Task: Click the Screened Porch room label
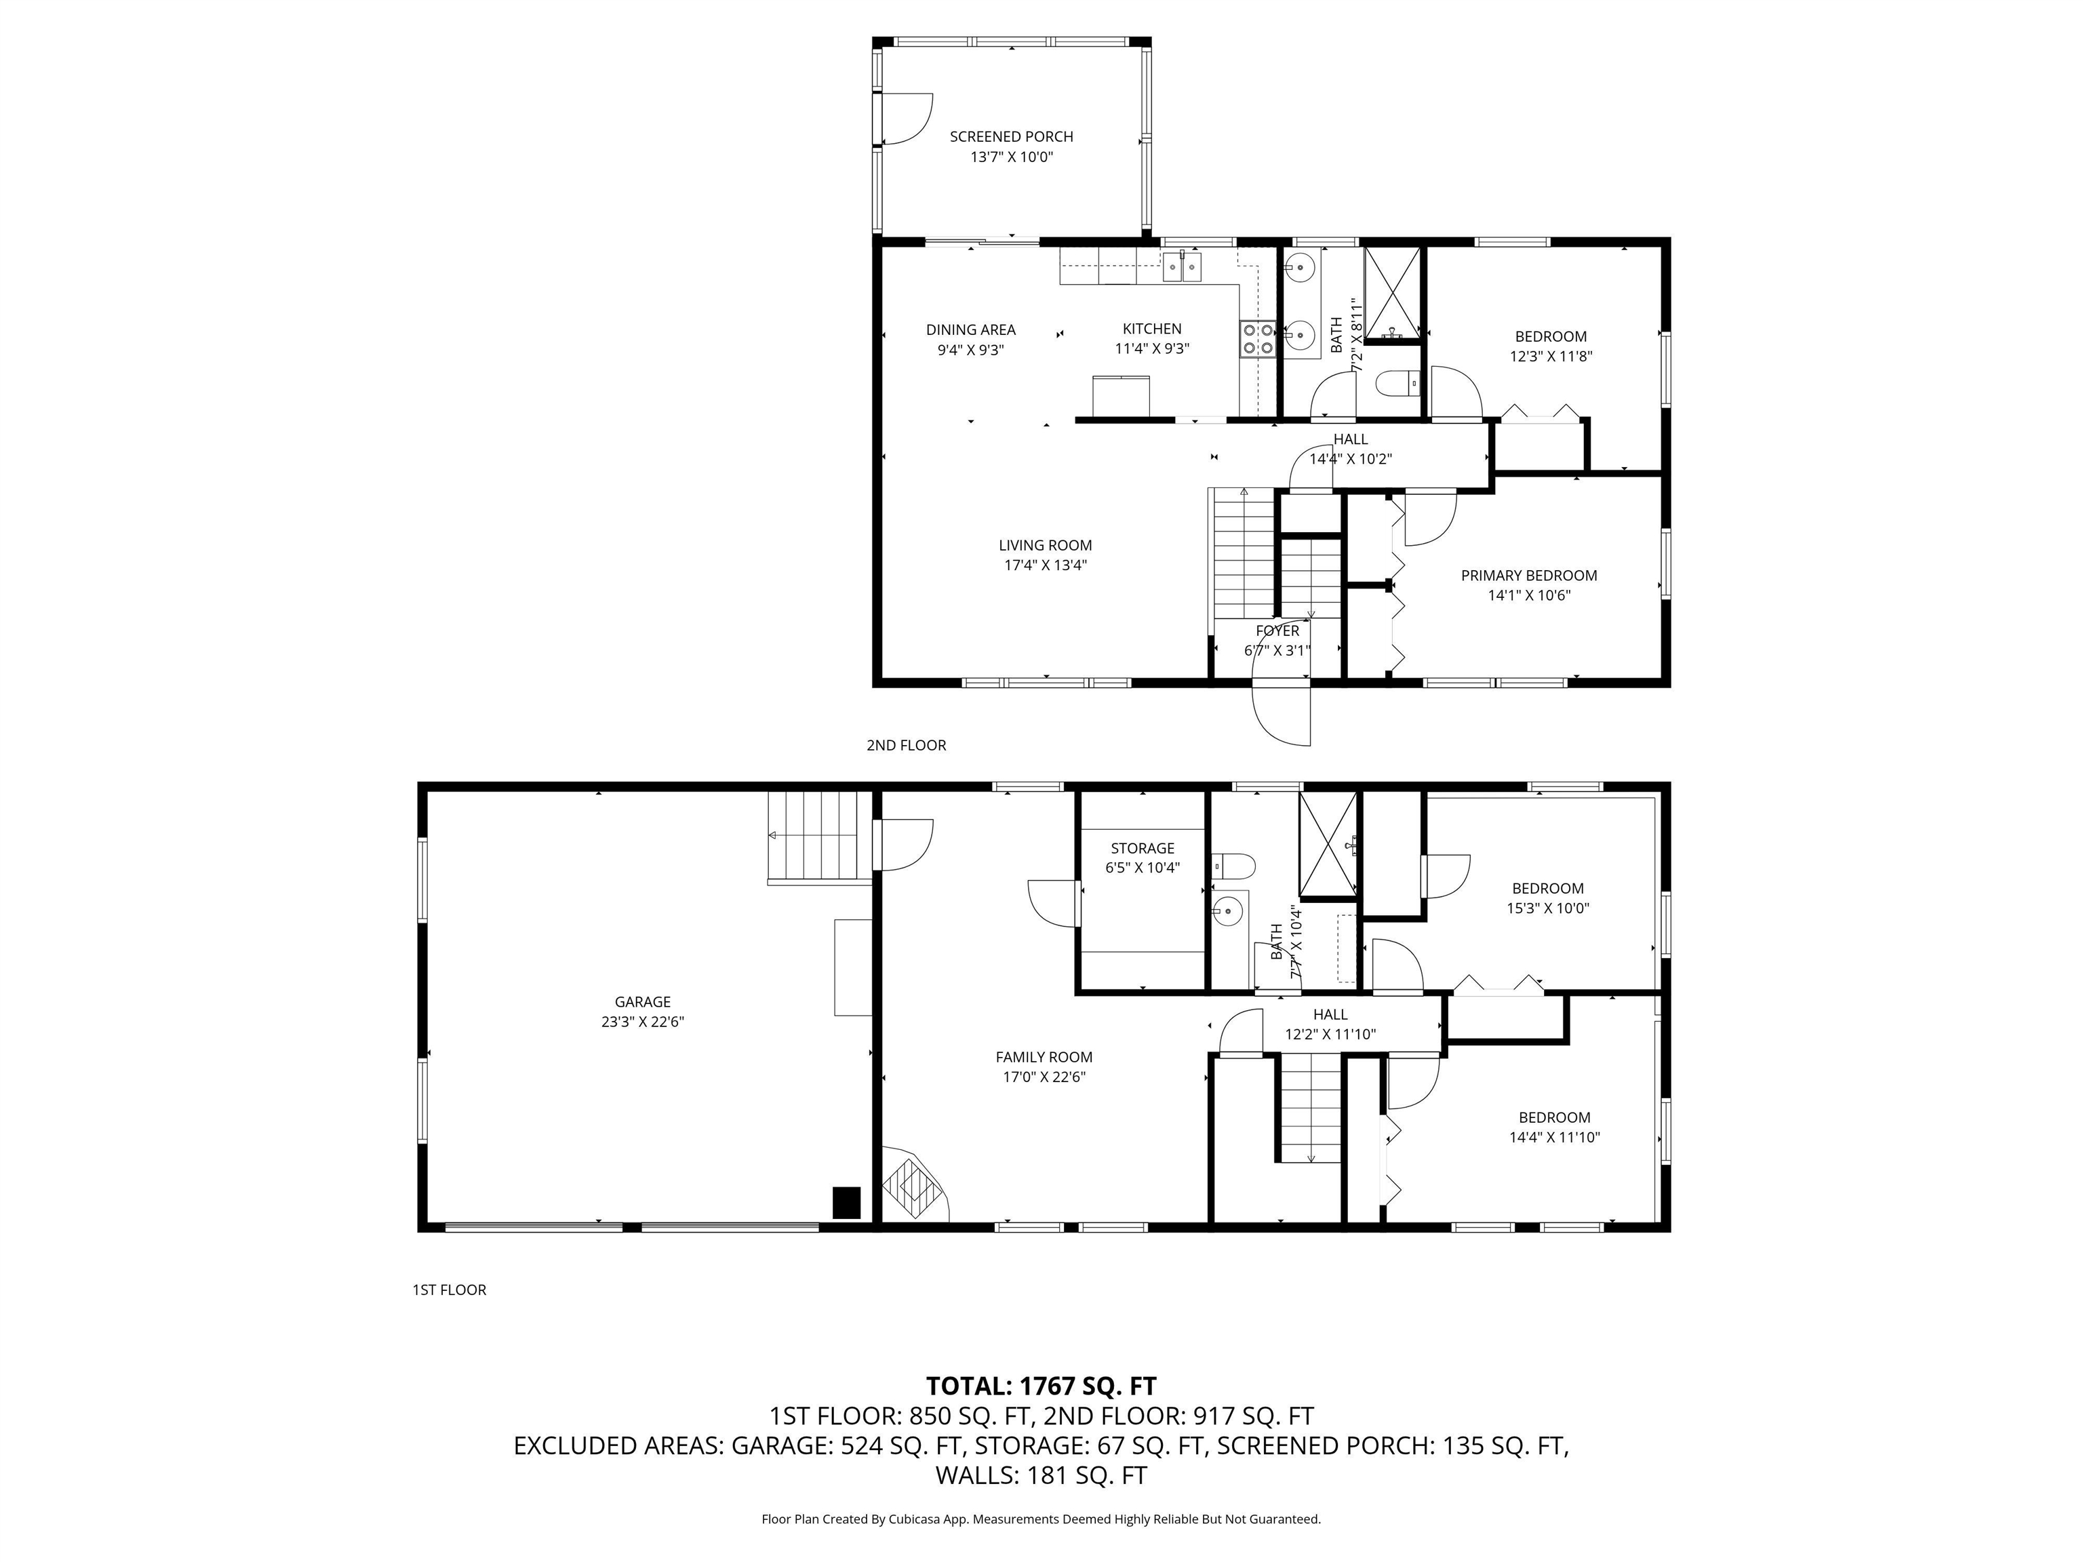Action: pos(1010,136)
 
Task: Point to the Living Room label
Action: pos(1046,545)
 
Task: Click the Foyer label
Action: pos(1277,630)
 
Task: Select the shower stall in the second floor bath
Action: pos(1392,292)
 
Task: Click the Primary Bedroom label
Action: pos(1528,576)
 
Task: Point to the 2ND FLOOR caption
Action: pos(906,745)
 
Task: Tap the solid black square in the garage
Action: pos(847,1202)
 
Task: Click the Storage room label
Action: pos(1143,848)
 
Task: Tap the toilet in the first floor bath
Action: pos(1233,864)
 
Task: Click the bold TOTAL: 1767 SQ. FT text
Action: pos(1041,1386)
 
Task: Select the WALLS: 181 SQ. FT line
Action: pos(1041,1475)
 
